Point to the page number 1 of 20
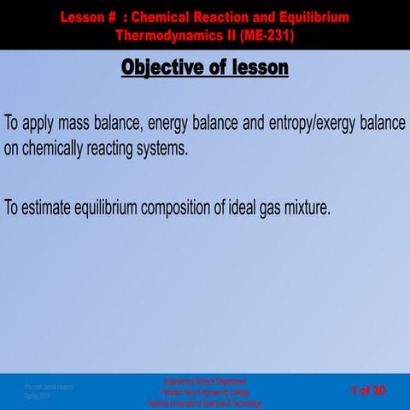pyautogui.click(x=368, y=391)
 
